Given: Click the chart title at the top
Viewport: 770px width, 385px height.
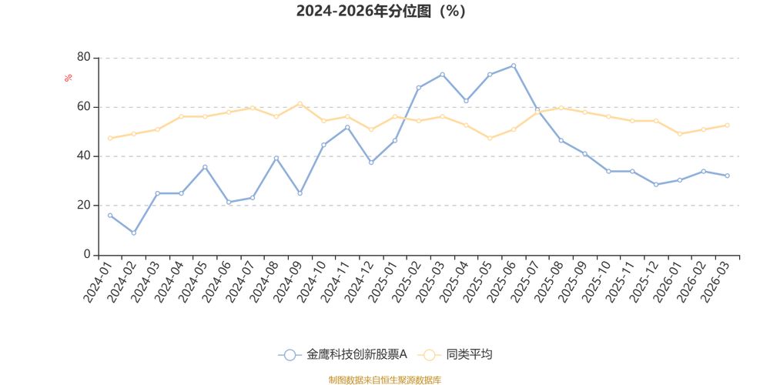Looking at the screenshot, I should [x=381, y=12].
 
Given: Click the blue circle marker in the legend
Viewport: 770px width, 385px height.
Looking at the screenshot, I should [x=290, y=354].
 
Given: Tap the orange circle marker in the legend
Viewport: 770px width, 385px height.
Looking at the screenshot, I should [x=429, y=354].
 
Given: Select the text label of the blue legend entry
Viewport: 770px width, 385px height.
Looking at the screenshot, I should [x=356, y=354].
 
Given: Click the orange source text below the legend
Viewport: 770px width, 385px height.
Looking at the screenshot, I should [x=384, y=378].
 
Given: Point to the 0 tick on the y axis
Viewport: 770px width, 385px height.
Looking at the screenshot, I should [x=88, y=253].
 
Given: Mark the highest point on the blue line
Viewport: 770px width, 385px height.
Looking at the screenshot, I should [x=514, y=63].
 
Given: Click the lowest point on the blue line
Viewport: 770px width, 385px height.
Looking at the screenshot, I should [x=134, y=233].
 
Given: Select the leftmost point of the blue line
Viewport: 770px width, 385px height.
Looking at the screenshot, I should [x=110, y=215].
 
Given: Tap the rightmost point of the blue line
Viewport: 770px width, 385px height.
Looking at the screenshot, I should [x=727, y=176].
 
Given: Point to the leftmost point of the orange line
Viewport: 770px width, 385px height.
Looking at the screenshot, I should [x=110, y=138].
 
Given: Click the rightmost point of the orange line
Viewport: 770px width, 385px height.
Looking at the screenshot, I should [x=727, y=125].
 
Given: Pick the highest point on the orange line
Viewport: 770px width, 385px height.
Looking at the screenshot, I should [x=300, y=102].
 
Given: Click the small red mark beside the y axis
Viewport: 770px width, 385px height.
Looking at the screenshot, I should [x=68, y=77].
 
